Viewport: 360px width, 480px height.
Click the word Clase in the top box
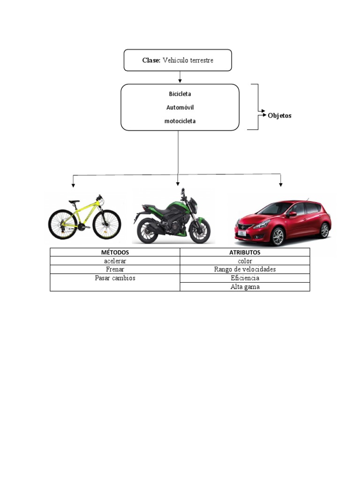[151, 60]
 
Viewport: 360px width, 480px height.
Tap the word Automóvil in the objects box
[180, 107]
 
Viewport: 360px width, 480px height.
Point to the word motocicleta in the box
[180, 121]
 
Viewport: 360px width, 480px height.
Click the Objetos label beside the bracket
[279, 115]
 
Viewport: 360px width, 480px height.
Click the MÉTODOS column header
[115, 253]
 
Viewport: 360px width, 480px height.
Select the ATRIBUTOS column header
[245, 253]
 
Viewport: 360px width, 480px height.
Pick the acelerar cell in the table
[115, 261]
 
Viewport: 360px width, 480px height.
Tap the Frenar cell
[115, 270]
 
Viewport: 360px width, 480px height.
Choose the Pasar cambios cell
[115, 278]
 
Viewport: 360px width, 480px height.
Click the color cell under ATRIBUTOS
[245, 261]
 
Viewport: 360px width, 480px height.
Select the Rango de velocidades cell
[245, 270]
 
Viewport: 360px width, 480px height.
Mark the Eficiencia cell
[245, 278]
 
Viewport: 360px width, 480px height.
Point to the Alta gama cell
[245, 287]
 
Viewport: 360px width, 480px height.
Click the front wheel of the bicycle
[107, 225]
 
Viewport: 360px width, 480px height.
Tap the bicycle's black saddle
[74, 202]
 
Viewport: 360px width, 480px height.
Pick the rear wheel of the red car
[324, 230]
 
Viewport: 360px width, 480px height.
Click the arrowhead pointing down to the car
[281, 185]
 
